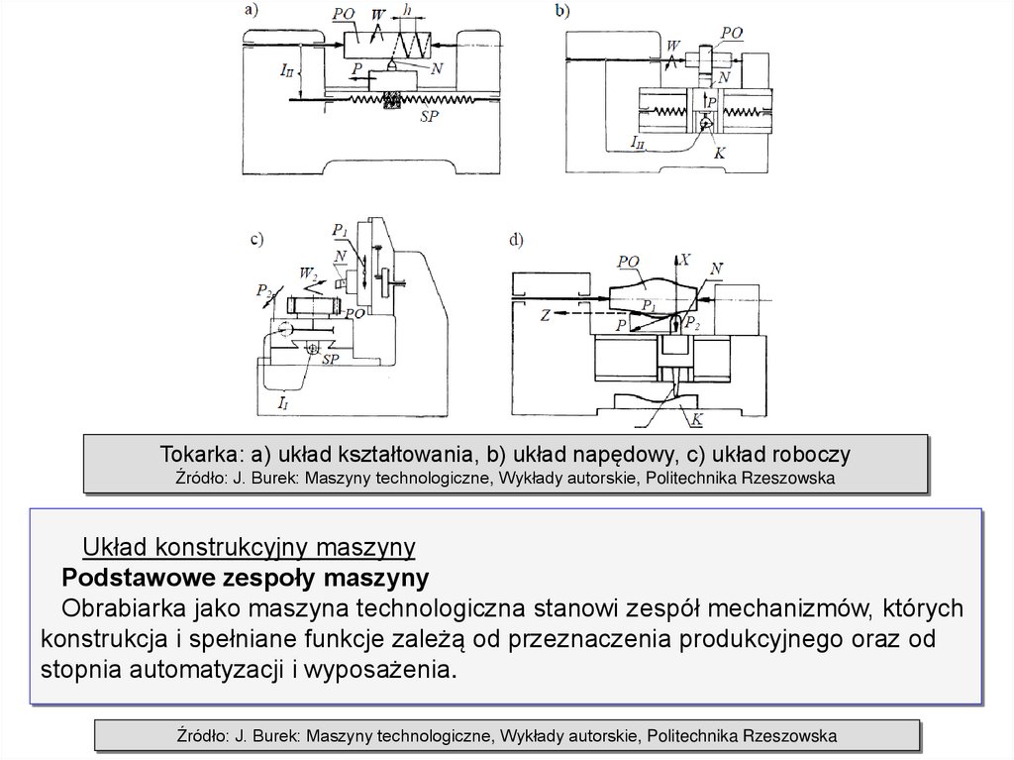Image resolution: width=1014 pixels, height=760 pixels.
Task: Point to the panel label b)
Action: (562, 11)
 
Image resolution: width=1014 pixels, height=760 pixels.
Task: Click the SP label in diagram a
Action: (428, 115)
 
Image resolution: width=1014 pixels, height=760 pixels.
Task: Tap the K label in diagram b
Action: (719, 155)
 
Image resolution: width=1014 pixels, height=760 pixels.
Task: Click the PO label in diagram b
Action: (732, 33)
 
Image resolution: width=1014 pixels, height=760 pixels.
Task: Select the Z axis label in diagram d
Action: (546, 316)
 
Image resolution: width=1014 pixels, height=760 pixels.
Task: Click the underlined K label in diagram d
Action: (697, 419)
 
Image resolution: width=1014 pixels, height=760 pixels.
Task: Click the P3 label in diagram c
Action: (262, 291)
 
